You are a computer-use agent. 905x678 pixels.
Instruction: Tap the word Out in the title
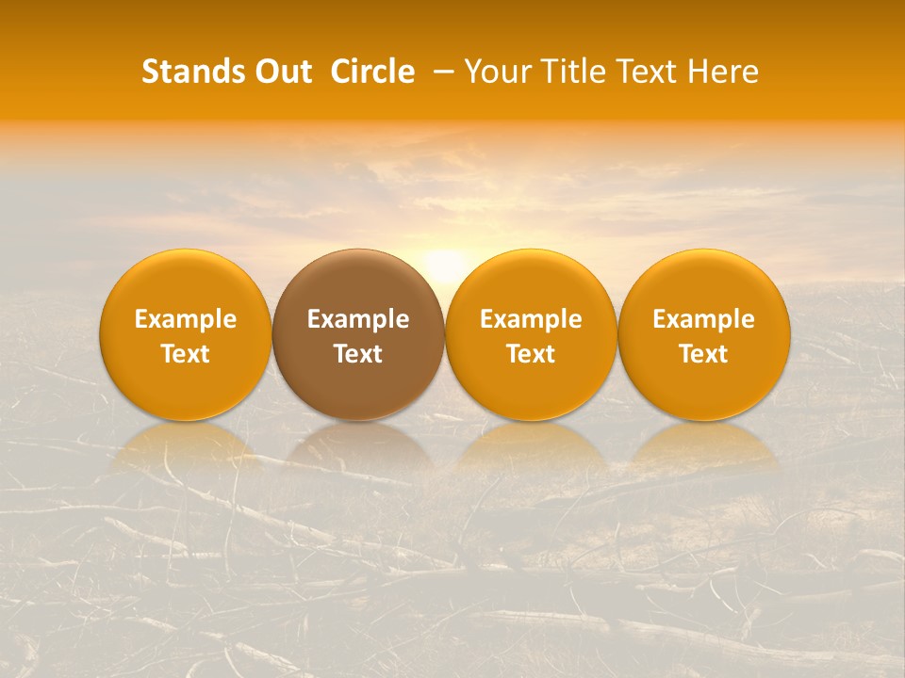coord(280,72)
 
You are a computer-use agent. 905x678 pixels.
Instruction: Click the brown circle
coord(358,334)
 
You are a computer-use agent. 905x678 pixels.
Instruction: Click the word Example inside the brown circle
coord(358,319)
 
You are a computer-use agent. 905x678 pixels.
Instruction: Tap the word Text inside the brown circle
coord(358,354)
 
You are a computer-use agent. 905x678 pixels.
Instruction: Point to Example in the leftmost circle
coord(185,319)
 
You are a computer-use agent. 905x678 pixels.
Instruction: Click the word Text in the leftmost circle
coord(185,354)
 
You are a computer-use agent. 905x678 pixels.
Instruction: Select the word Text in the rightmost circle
coord(704,354)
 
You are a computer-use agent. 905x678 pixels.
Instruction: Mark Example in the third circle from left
coord(531,319)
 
